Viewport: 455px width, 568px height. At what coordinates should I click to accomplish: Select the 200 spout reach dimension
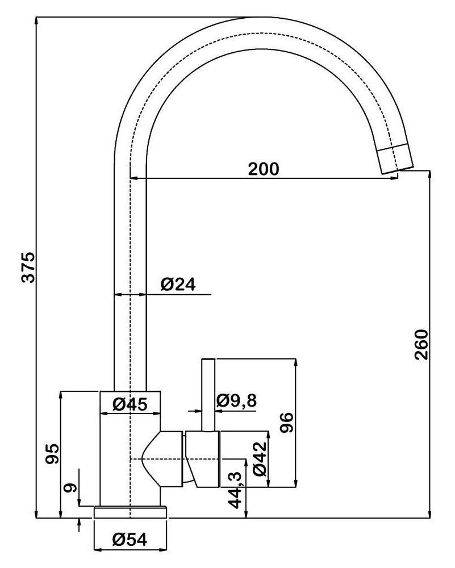(264, 169)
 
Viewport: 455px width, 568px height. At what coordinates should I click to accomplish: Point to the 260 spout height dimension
(421, 345)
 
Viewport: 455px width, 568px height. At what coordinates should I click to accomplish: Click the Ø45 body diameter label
(130, 404)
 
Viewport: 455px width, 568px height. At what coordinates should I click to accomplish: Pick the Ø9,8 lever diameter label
(236, 401)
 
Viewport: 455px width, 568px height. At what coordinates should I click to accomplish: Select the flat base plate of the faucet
(131, 512)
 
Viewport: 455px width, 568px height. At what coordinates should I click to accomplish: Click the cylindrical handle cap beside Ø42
(203, 459)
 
